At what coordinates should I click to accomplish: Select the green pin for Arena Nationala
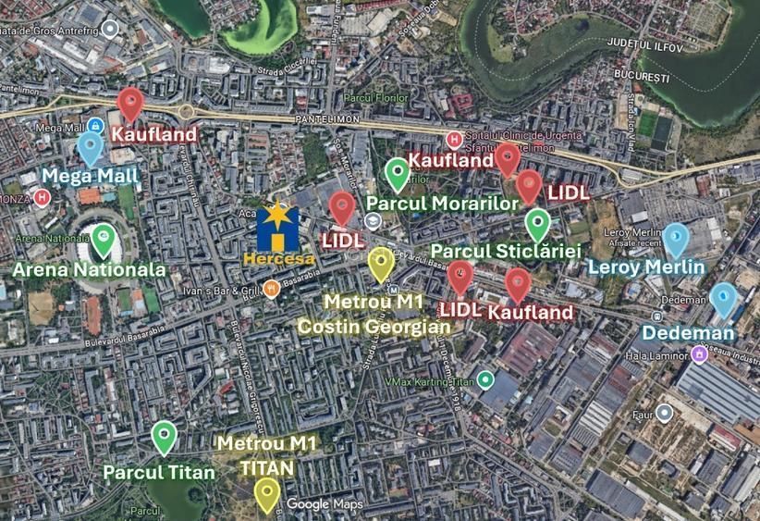[x=104, y=240]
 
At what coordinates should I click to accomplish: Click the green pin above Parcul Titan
[x=164, y=436]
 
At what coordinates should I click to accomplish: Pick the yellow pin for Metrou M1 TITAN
[x=267, y=492]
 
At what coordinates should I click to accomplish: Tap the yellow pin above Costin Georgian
[x=380, y=265]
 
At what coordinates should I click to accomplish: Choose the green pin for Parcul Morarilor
[x=397, y=173]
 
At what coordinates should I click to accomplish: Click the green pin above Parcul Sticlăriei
[x=537, y=225]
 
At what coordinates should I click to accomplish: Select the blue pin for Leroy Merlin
[x=676, y=240]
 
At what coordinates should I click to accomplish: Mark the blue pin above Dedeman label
[x=723, y=300]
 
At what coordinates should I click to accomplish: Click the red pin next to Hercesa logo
[x=342, y=208]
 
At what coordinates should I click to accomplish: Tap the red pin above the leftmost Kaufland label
[x=130, y=104]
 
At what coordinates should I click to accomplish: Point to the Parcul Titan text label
[x=159, y=472]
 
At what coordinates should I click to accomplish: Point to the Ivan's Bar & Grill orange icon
[x=271, y=289]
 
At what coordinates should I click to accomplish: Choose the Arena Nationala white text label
[x=89, y=270]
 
